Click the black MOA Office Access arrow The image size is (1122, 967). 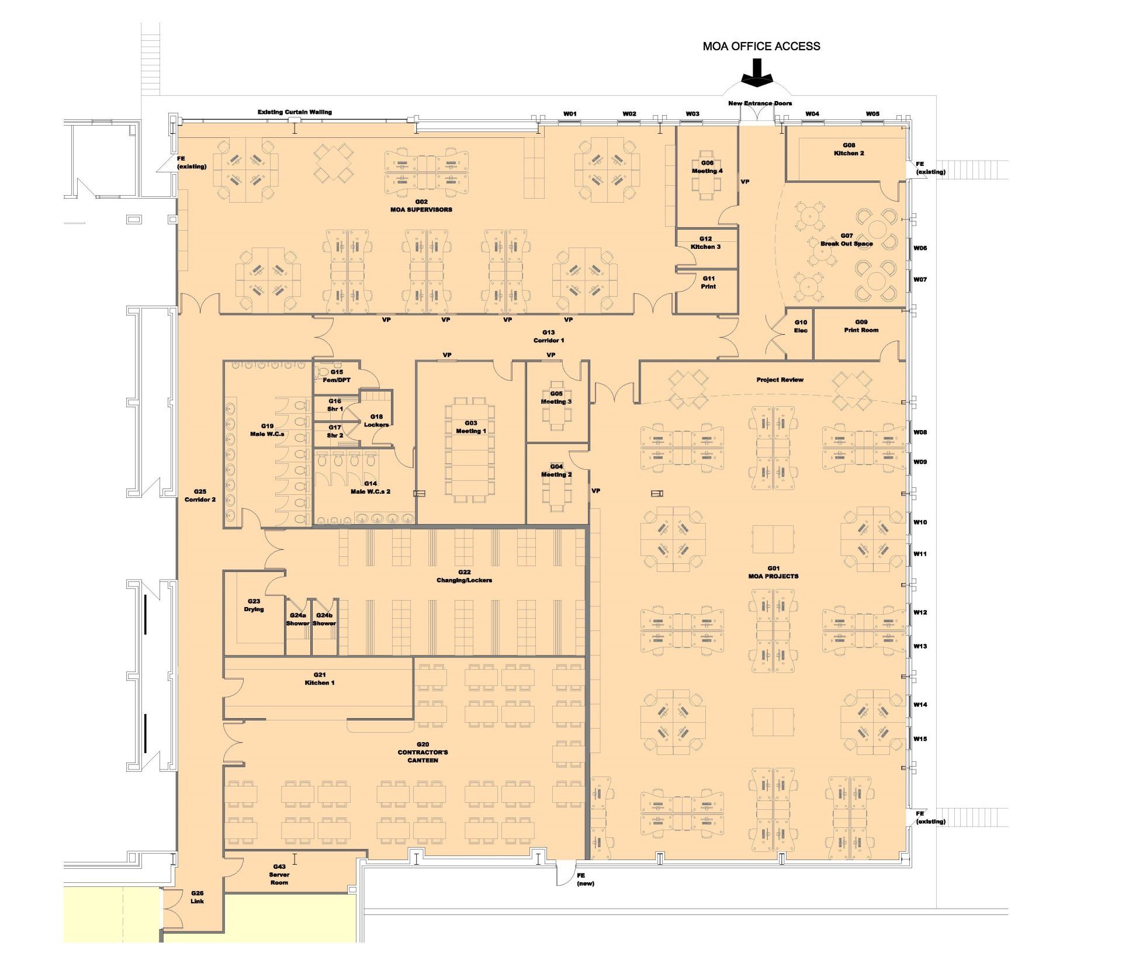pyautogui.click(x=757, y=73)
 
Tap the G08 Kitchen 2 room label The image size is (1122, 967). pyautogui.click(x=849, y=149)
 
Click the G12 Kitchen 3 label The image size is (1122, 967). pyautogui.click(x=705, y=242)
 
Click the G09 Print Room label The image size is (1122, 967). pyautogui.click(x=861, y=326)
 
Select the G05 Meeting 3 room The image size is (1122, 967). pyautogui.click(x=557, y=402)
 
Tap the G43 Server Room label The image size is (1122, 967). pyautogui.click(x=279, y=875)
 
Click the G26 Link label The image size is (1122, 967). pyautogui.click(x=198, y=897)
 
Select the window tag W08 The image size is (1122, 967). pyautogui.click(x=920, y=432)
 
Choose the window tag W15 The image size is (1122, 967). pyautogui.click(x=920, y=739)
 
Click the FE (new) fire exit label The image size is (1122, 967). pyautogui.click(x=585, y=879)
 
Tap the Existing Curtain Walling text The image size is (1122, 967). pyautogui.click(x=295, y=112)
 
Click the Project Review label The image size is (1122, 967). pyautogui.click(x=780, y=380)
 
